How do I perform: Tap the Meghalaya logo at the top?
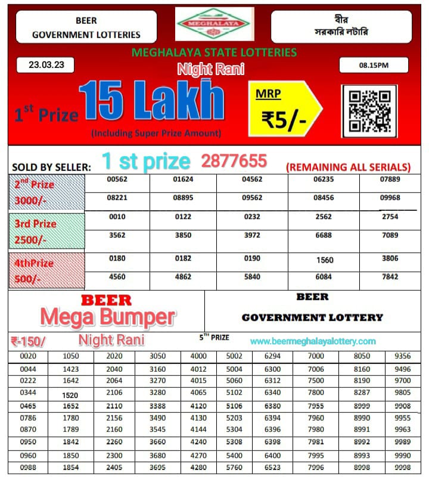point(214,24)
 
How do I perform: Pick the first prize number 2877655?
point(234,161)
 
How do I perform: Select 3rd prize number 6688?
point(324,235)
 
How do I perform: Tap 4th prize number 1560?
point(324,260)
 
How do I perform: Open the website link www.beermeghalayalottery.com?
point(313,341)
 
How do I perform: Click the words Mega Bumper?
point(108,317)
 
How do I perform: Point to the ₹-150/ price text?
point(28,341)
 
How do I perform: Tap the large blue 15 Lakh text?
point(151,101)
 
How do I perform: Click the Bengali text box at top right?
point(341,26)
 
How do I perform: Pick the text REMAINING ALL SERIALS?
point(349,167)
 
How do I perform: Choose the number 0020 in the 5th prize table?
point(28,356)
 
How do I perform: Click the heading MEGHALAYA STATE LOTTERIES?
point(214,52)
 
